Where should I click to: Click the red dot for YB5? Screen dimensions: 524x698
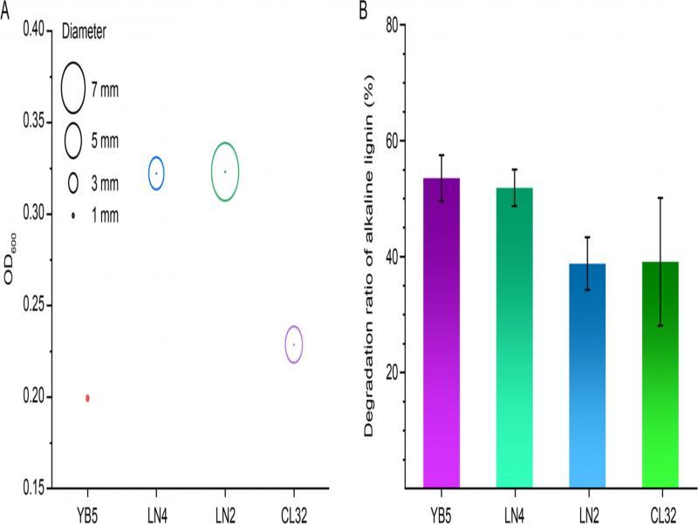tap(87, 398)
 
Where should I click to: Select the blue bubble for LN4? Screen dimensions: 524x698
tap(156, 173)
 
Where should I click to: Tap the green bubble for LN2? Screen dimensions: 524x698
tap(225, 171)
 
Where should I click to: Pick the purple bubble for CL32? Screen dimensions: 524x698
tap(294, 344)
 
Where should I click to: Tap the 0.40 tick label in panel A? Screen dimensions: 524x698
tap(31, 30)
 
